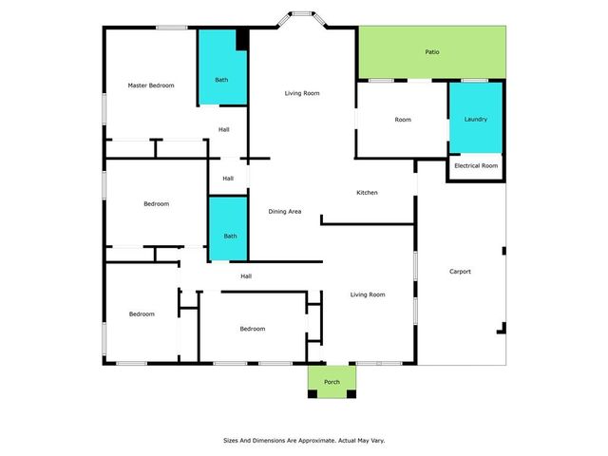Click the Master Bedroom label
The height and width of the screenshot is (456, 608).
point(151,85)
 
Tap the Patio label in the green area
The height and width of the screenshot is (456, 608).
point(432,52)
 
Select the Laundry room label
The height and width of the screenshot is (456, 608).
point(475,119)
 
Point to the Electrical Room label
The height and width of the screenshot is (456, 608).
point(476,165)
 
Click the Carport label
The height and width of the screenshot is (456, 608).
point(460,272)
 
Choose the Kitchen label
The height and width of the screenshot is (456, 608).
point(367,192)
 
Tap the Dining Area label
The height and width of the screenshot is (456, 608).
point(285,211)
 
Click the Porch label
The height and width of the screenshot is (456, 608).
point(332,382)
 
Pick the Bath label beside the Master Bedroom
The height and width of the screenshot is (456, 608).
point(221,80)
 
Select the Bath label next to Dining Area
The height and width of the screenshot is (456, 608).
point(230,237)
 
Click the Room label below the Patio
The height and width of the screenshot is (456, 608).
point(403,120)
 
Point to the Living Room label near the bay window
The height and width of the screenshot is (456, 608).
point(302,93)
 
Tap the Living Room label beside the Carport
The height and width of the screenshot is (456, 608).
point(368,294)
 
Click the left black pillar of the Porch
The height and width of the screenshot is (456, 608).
point(313,394)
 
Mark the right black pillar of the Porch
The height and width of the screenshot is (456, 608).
point(351,394)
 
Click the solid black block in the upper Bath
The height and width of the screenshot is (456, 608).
point(242,39)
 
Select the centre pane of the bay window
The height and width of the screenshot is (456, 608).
point(302,13)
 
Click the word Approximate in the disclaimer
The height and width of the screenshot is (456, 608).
point(316,441)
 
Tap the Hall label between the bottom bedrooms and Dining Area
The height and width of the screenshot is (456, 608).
point(246,276)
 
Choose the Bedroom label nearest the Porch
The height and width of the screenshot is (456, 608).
point(253,329)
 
